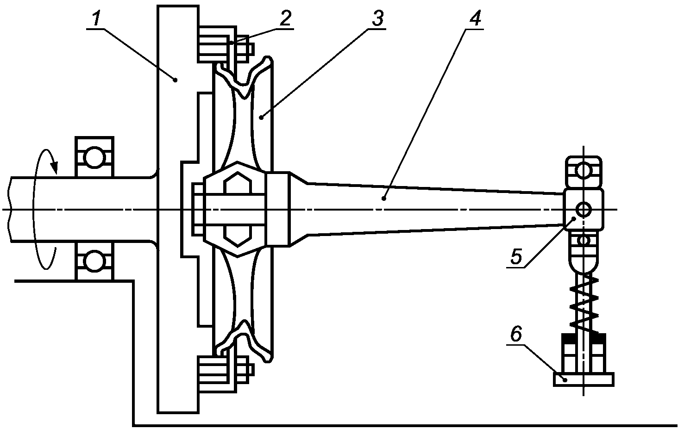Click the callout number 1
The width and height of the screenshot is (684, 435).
point(96,19)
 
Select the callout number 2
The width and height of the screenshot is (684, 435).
point(285,19)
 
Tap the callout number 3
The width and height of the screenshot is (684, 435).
point(377,19)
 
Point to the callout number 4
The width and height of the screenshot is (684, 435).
point(475,19)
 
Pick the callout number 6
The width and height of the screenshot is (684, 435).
point(516,334)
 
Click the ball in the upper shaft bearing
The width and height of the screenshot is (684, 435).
point(94,157)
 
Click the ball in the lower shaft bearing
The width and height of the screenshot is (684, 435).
point(94,261)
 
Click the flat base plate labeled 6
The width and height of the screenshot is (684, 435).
point(584,379)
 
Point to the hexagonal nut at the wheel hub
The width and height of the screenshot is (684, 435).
point(238,209)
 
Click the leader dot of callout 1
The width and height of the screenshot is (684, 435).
point(175,80)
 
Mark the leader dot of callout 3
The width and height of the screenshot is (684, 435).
point(261,117)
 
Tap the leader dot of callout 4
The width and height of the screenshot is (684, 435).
point(384,199)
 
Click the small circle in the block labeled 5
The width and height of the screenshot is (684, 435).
point(584,210)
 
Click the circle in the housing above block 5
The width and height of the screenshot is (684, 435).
point(584,171)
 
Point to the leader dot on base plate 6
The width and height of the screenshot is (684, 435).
point(565,380)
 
